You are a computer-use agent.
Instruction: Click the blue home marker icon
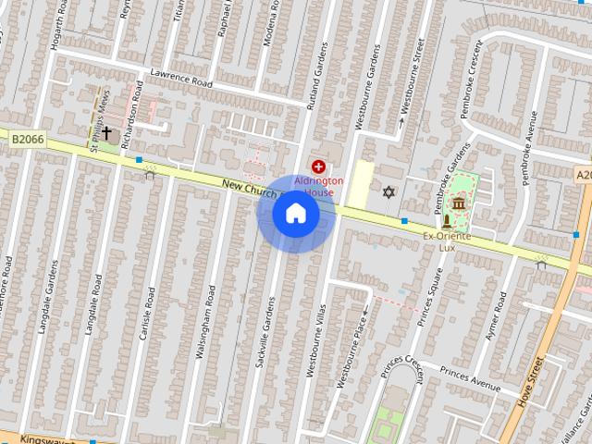pyautogui.click(x=296, y=214)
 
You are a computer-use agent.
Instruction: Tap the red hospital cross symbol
pyautogui.click(x=319, y=166)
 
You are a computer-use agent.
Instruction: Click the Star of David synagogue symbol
pyautogui.click(x=388, y=192)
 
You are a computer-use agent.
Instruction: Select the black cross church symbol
pyautogui.click(x=106, y=133)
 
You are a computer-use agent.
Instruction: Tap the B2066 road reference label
pyautogui.click(x=28, y=139)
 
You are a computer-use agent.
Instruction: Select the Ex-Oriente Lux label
pyautogui.click(x=448, y=241)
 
